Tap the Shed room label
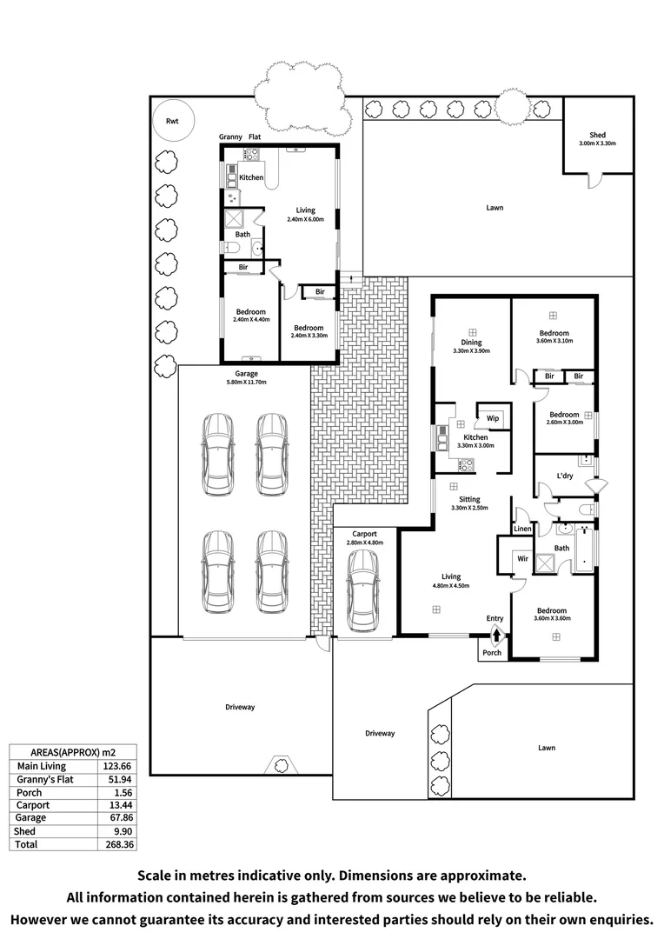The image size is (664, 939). point(597,135)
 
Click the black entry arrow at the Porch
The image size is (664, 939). point(495,635)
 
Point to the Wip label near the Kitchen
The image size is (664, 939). point(492,418)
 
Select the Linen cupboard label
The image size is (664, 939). point(522,529)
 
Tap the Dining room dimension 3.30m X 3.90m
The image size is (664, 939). point(472,351)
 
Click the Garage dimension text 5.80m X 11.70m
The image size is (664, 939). point(243,382)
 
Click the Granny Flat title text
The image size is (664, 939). point(239,137)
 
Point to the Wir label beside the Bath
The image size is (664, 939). point(522,558)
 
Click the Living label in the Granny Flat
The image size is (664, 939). point(305,210)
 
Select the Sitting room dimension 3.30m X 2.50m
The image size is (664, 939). point(470,508)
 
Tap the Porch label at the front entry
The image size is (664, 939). point(492,653)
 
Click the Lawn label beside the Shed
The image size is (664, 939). point(495,208)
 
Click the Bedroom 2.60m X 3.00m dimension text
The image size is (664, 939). point(564,423)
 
